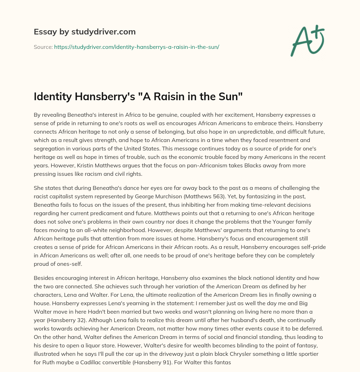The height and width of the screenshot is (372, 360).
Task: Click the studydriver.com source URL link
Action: tap(136, 46)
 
